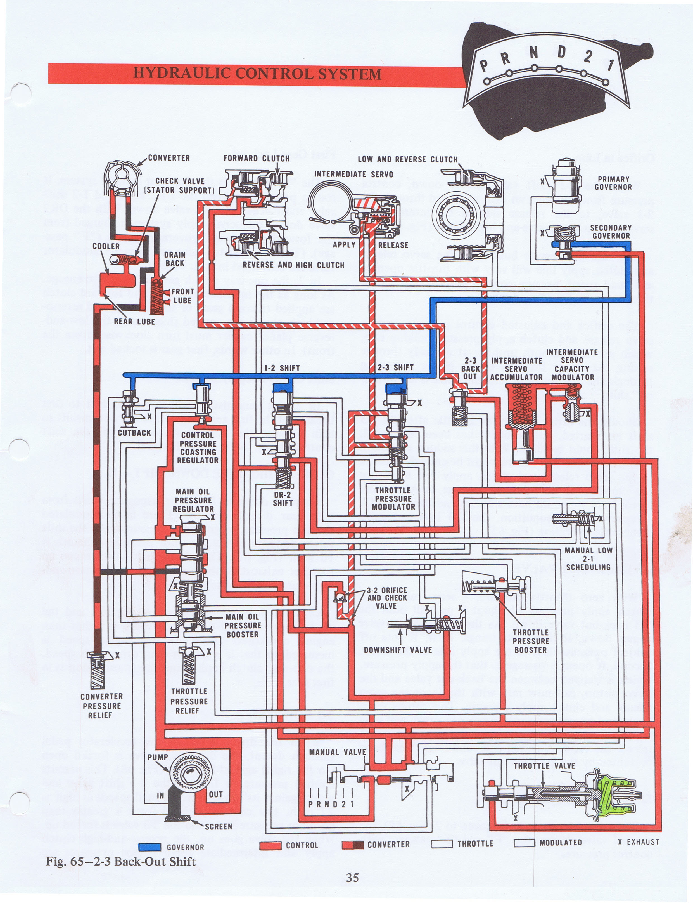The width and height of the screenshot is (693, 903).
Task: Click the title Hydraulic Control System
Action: click(x=257, y=74)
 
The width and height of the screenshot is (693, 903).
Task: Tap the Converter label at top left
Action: click(x=169, y=158)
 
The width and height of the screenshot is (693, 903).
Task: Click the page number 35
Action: click(x=352, y=878)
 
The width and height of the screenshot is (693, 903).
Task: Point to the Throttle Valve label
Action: click(x=544, y=766)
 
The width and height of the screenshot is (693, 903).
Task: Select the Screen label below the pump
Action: click(x=218, y=827)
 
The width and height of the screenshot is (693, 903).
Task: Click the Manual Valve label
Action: click(x=338, y=752)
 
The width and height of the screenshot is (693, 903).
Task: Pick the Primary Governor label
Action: click(x=613, y=183)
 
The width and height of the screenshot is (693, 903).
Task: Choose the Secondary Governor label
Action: click(x=611, y=232)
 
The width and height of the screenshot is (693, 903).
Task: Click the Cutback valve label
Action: click(x=134, y=433)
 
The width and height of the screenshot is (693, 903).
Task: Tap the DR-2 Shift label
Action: click(x=283, y=499)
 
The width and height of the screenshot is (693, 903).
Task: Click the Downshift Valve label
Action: click(x=398, y=650)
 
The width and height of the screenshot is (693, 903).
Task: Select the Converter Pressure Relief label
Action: click(x=101, y=706)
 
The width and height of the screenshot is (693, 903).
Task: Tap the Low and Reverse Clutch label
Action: click(x=407, y=159)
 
